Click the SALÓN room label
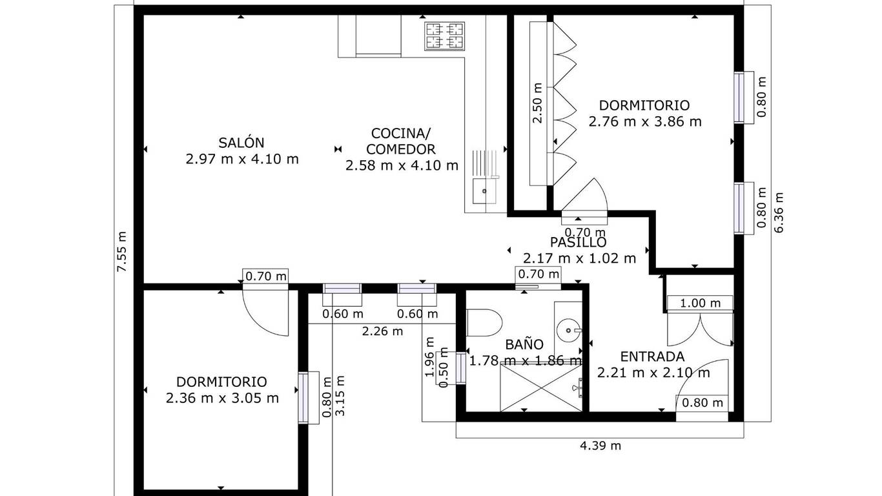pyautogui.click(x=241, y=143)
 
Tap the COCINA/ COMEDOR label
pyautogui.click(x=401, y=141)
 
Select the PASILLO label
pyautogui.click(x=578, y=242)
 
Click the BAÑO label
pyautogui.click(x=524, y=344)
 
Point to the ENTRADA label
pyautogui.click(x=652, y=356)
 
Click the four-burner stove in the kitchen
pyautogui.click(x=444, y=36)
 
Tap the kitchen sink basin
pyautogui.click(x=484, y=191)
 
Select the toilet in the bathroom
pyautogui.click(x=484, y=323)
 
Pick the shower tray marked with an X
pyautogui.click(x=541, y=388)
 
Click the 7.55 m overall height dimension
pyautogui.click(x=123, y=251)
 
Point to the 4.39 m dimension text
pyautogui.click(x=600, y=446)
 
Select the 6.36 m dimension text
pyautogui.click(x=779, y=212)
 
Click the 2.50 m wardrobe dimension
pyautogui.click(x=537, y=103)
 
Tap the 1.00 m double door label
pyautogui.click(x=701, y=303)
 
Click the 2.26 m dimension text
pyautogui.click(x=382, y=331)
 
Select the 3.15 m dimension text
pyautogui.click(x=340, y=395)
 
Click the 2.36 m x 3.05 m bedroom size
pyautogui.click(x=223, y=398)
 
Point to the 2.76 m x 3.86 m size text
pyautogui.click(x=645, y=121)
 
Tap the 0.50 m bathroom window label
pyautogui.click(x=444, y=367)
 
